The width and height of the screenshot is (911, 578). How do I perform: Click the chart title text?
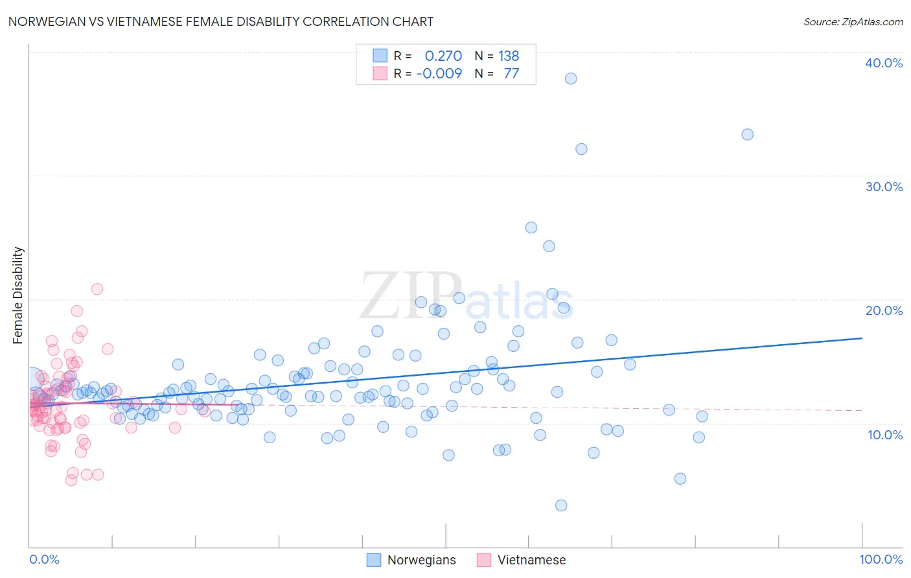(221, 21)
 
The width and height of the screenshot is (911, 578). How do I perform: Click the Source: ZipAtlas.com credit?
(853, 21)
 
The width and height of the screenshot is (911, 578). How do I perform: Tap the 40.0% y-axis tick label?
(884, 63)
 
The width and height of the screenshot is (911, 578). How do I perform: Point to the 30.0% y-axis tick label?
(884, 187)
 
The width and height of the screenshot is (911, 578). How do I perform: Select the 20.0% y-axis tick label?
(884, 310)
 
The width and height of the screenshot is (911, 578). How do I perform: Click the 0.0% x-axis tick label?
(44, 559)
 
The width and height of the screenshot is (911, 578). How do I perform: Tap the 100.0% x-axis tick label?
(881, 559)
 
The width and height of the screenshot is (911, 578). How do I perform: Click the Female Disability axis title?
(18, 295)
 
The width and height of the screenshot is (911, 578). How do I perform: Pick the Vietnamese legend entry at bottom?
(522, 560)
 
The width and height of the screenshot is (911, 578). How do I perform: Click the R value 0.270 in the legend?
(443, 56)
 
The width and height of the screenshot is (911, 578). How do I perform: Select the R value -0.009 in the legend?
(439, 73)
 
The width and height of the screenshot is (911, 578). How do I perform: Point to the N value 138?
(509, 56)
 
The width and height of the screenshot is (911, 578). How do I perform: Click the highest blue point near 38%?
(571, 78)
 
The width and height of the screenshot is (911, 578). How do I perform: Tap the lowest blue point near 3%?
(561, 505)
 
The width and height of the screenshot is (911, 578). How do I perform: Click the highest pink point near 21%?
(97, 289)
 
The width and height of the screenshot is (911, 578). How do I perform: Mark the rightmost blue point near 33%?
(747, 135)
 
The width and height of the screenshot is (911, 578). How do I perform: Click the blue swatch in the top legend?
(380, 56)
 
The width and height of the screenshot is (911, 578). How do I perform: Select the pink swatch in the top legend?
(380, 73)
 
